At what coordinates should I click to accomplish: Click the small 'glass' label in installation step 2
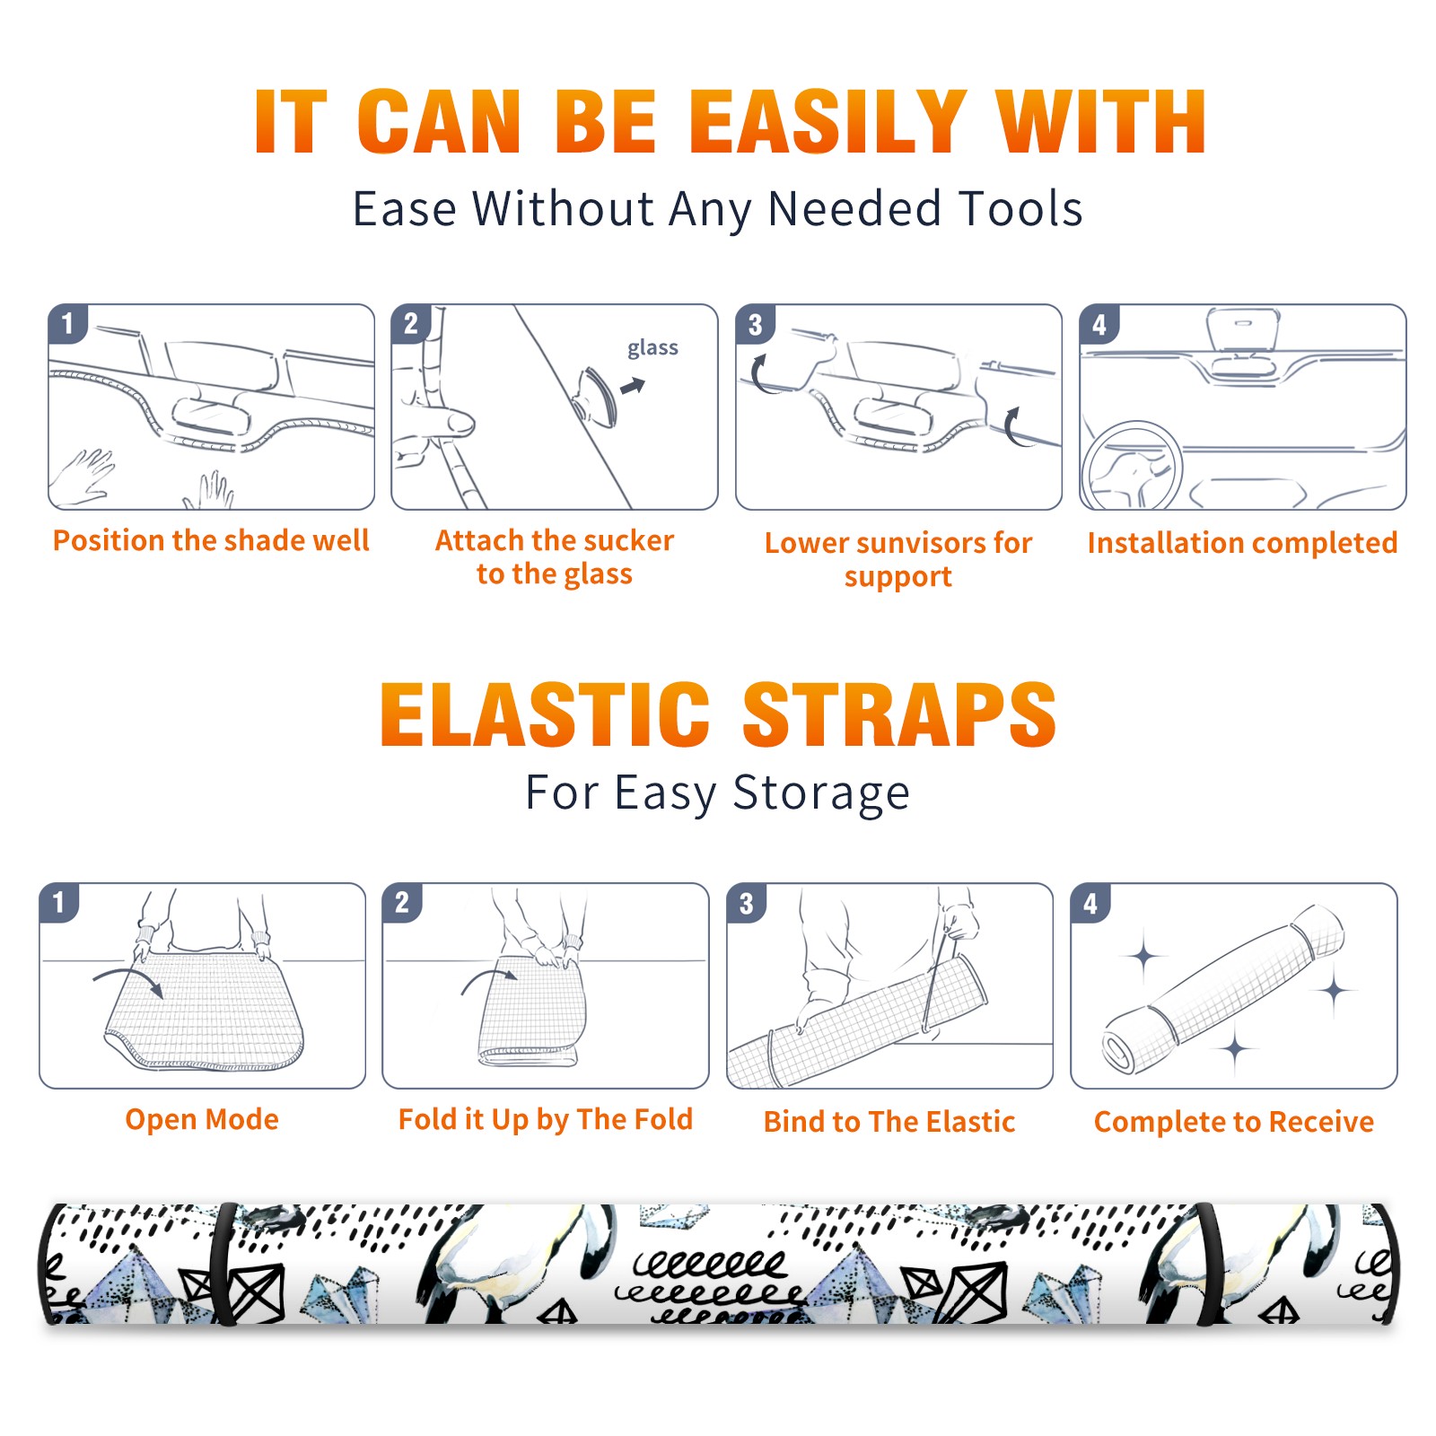652,348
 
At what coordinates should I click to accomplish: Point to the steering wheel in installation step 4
1132,467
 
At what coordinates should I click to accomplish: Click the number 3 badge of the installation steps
755,324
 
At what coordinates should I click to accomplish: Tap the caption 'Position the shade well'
211,540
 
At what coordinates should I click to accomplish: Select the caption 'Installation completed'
1242,543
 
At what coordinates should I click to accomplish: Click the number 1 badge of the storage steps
59,902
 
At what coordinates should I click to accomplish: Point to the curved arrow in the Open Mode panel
128,980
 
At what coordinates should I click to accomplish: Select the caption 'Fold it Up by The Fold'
546,1120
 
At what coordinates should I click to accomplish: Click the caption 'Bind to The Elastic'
889,1122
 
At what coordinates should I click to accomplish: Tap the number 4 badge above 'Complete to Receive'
1090,902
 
